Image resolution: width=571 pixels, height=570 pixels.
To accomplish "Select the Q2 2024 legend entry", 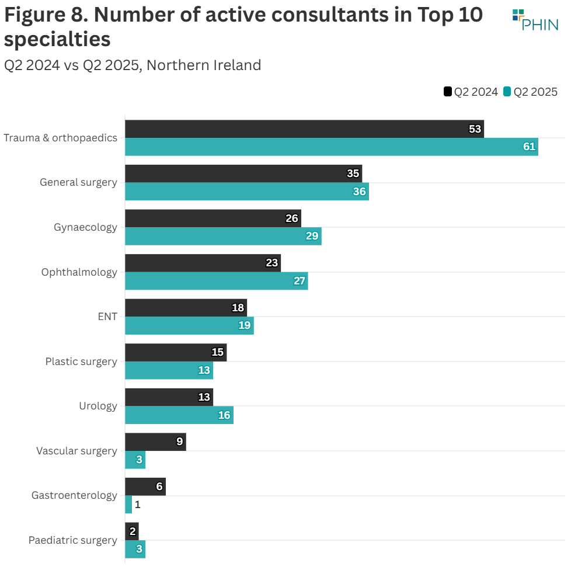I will [x=471, y=92].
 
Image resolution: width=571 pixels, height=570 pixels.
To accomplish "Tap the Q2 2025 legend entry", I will [x=530, y=92].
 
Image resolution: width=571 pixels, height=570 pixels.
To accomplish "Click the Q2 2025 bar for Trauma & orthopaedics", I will [x=331, y=147].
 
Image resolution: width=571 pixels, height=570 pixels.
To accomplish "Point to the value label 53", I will [x=475, y=129].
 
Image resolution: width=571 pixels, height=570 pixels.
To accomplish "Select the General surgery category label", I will [x=78, y=182].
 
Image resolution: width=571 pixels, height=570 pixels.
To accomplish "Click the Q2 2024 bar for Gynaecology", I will [x=213, y=218].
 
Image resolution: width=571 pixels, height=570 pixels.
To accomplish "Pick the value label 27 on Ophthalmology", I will [x=299, y=281].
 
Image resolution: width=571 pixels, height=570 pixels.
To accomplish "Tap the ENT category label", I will [x=107, y=317].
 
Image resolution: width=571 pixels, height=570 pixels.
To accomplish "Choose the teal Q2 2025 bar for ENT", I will [x=189, y=326].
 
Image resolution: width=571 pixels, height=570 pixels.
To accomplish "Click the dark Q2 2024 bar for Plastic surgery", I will [x=175, y=353].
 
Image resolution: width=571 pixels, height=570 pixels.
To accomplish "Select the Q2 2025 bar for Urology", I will [x=179, y=415].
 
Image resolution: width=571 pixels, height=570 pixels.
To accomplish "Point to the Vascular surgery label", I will [x=76, y=451].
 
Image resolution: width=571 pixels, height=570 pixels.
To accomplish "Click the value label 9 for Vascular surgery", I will [x=180, y=442].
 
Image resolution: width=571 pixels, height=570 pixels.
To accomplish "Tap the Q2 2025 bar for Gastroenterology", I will [x=128, y=505].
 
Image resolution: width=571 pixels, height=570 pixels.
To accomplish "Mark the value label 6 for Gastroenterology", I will [x=159, y=486].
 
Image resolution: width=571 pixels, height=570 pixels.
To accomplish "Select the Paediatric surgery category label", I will [x=73, y=540].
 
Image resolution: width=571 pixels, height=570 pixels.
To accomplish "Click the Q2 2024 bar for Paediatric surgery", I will [x=131, y=531].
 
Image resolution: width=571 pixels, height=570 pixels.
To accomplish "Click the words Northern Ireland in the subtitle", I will [x=204, y=65].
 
